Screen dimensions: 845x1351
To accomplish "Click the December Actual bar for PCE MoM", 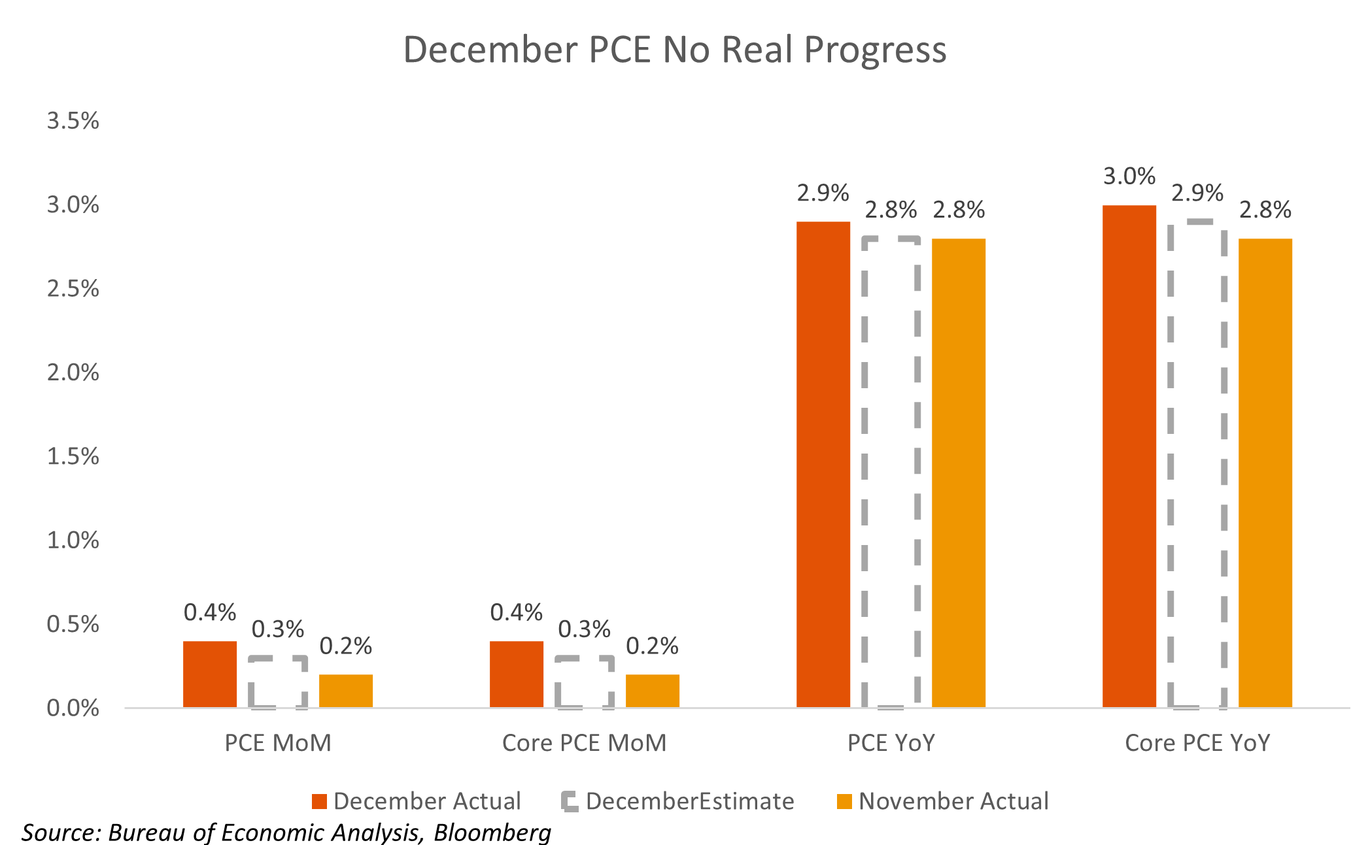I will (x=209, y=674).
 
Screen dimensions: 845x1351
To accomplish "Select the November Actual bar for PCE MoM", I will (x=345, y=691).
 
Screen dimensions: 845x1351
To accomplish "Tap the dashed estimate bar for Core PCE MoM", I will (x=585, y=682).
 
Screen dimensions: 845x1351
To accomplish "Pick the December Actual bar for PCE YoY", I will (x=823, y=464).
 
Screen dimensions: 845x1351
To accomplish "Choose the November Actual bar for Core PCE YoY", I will (x=1265, y=472).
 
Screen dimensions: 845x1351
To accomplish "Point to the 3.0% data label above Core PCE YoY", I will (x=1129, y=176).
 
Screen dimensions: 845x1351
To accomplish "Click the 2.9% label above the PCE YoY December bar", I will (x=823, y=193).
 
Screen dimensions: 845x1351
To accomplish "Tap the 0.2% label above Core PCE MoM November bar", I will (x=652, y=646).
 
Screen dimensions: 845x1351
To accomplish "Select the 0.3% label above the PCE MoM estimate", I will (x=278, y=629).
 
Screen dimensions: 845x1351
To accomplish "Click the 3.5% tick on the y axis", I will (x=73, y=121).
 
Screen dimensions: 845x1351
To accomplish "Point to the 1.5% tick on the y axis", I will (x=73, y=456).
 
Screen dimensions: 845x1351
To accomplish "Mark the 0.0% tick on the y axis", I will (x=73, y=708).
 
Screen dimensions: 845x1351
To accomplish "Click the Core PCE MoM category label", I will (x=584, y=743).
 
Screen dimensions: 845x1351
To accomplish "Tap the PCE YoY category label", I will (x=891, y=743).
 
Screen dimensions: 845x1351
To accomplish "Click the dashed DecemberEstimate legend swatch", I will (x=570, y=801).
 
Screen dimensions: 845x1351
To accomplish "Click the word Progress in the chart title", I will (x=875, y=50).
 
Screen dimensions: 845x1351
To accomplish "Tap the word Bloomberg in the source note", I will (x=492, y=833).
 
